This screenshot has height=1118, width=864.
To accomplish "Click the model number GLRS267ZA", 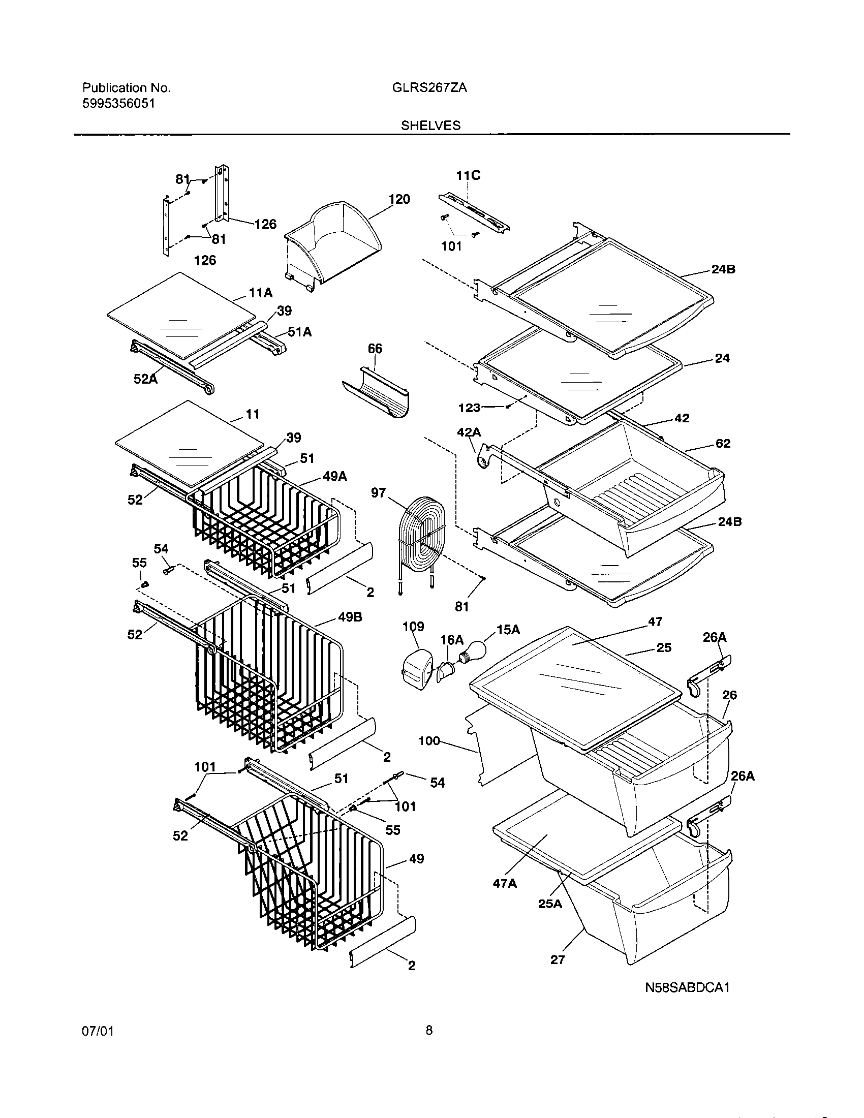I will click(x=429, y=87).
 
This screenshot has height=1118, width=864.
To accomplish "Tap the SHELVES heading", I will click(x=430, y=126).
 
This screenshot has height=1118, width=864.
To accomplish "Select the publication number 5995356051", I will click(x=118, y=104).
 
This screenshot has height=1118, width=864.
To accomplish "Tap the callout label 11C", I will click(x=469, y=176).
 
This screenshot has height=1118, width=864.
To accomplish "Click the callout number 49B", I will click(x=350, y=617).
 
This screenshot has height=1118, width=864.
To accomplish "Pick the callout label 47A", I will click(x=505, y=884).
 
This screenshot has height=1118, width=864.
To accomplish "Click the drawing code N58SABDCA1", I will click(x=687, y=987).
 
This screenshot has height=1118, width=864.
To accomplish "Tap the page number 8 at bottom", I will click(x=429, y=1031).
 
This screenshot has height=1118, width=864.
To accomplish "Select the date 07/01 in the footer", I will click(x=98, y=1031).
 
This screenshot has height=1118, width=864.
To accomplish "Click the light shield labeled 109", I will click(x=415, y=666).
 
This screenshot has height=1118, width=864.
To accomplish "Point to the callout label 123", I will click(x=469, y=408).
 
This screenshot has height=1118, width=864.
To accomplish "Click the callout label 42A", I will click(x=469, y=432).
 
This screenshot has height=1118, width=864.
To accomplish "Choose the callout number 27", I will click(x=558, y=960).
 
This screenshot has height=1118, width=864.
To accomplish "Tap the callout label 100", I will click(x=429, y=740).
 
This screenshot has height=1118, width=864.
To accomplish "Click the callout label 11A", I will click(x=261, y=293).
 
